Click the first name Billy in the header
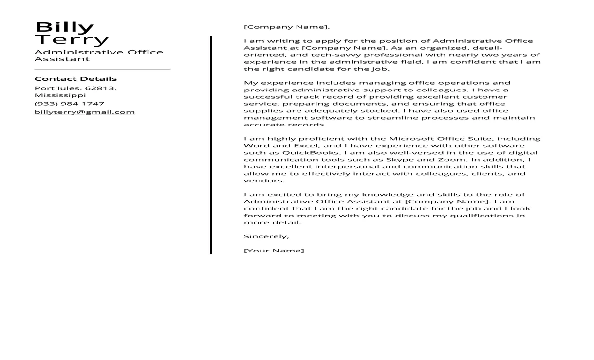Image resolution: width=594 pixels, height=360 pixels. [x=64, y=27]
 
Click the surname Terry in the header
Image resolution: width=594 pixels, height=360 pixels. [x=72, y=40]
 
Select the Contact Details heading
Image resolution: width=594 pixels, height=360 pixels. [x=75, y=79]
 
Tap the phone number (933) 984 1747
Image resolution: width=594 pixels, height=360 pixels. [x=69, y=104]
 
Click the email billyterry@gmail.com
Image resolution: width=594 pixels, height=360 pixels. [x=85, y=112]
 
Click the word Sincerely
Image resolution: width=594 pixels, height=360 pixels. [x=266, y=236]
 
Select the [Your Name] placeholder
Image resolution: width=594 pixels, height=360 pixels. [x=274, y=251]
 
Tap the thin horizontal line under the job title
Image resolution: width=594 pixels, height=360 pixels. [x=102, y=69]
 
